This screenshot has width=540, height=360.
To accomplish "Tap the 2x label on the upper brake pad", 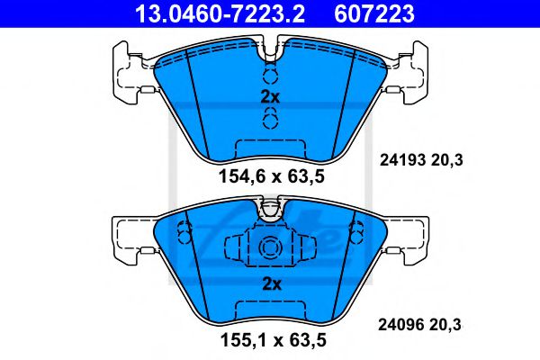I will coord(269,96).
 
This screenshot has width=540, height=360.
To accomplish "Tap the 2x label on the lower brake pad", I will coord(271,283).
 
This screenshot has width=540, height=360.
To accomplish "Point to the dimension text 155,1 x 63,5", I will coord(269,341).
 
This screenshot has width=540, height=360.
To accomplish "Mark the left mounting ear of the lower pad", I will coord(129,236).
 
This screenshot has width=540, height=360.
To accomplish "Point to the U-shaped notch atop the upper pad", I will coord(269,49).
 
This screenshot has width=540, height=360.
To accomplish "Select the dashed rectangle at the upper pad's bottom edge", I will coord(269,149).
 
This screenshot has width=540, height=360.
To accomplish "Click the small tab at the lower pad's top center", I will coord(270,211).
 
